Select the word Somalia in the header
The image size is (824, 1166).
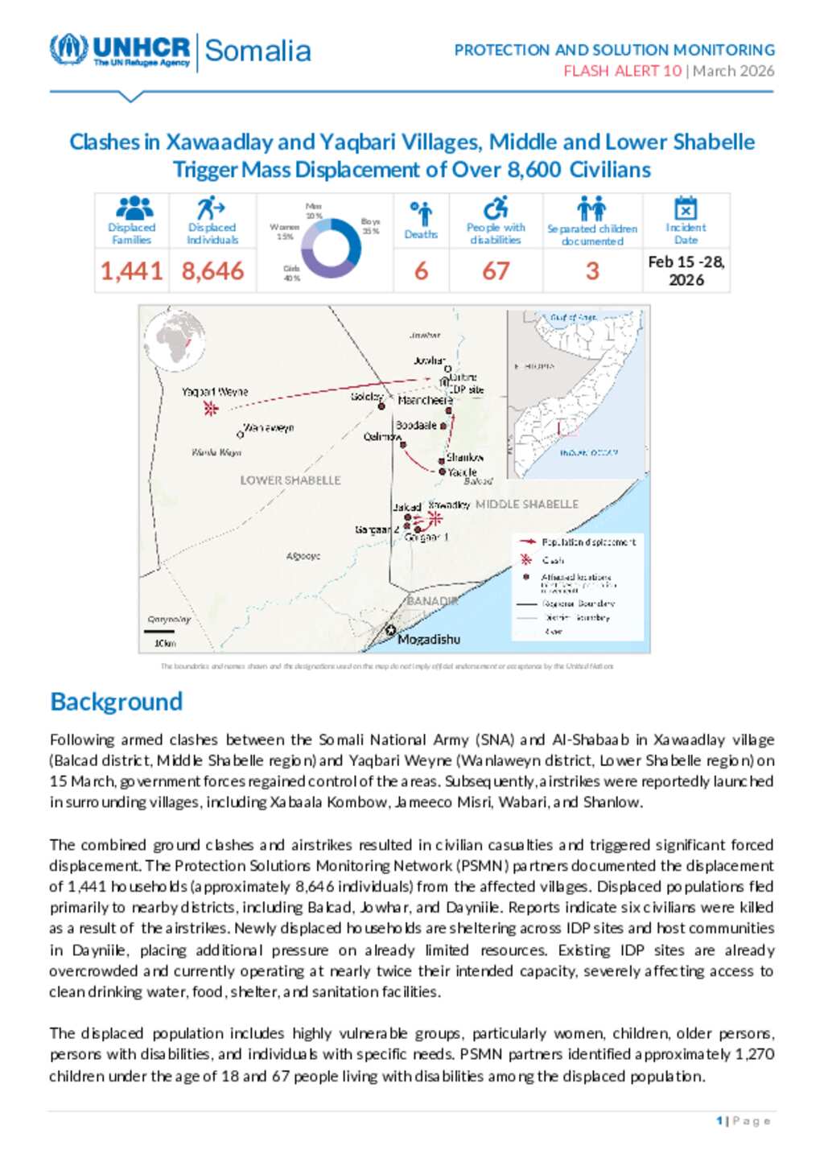pos(257,51)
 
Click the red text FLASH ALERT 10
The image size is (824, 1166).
pos(622,71)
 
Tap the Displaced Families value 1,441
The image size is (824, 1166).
pos(131,271)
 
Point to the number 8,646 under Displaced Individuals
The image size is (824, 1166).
pos(212,271)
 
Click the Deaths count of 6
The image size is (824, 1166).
pos(421,271)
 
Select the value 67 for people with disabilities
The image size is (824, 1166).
pos(496,271)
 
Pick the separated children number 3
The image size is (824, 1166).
pos(592,271)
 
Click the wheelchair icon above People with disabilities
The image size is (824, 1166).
pos(496,208)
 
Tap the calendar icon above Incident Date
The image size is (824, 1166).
pos(686,208)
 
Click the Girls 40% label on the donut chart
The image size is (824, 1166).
pos(291,273)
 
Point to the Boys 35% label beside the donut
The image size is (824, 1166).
pos(370,225)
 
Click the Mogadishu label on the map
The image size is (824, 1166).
pos(429,640)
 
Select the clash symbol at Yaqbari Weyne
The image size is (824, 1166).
pos(211,409)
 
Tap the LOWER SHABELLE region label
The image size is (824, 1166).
pos(290,480)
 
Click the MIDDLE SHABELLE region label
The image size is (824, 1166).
pos(526,505)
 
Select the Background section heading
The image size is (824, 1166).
pos(117,702)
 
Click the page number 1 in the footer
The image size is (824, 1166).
pos(719,1121)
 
